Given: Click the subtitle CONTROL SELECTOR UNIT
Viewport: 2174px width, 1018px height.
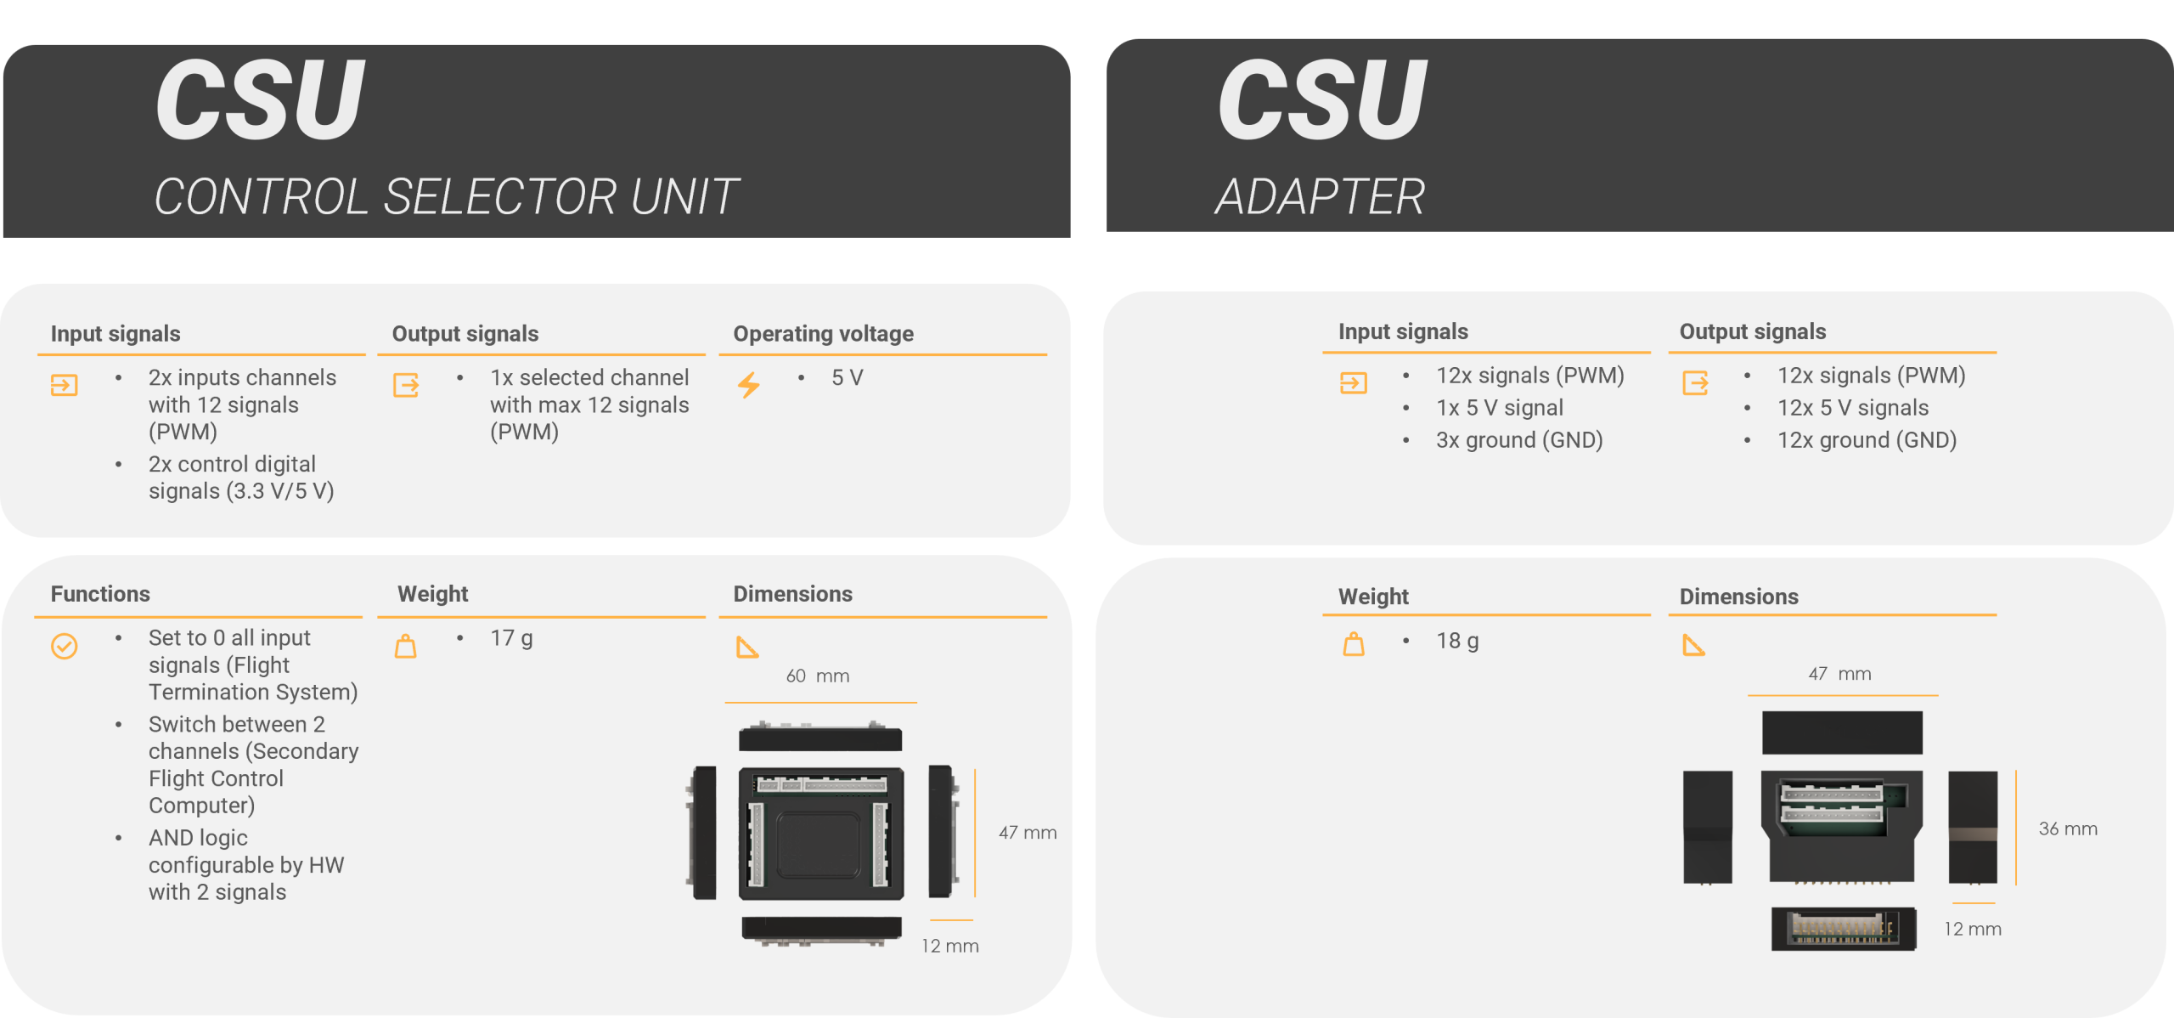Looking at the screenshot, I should (446, 197).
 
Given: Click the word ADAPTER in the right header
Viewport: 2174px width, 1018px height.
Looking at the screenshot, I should (1320, 197).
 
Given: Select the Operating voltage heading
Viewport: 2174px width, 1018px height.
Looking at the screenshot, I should (823, 334).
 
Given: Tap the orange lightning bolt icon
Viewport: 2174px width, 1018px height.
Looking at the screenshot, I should (748, 385).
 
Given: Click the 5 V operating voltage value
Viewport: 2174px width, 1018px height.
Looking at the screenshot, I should (847, 378).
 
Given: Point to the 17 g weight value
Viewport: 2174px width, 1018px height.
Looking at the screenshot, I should (511, 638).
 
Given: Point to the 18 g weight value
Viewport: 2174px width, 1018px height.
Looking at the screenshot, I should (1457, 641).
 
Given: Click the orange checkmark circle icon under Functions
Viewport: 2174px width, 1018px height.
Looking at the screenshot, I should (65, 647).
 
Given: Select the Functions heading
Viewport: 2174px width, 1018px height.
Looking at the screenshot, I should (100, 594).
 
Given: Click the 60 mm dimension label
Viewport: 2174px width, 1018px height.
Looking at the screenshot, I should (817, 676).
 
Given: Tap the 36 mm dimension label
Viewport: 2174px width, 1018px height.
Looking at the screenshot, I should (2068, 829).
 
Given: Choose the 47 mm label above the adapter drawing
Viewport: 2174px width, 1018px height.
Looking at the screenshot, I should (1839, 674).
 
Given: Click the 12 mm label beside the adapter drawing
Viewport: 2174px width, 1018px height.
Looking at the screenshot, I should (1972, 930).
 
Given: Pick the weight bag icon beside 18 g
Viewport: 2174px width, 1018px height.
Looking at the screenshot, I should (1354, 645).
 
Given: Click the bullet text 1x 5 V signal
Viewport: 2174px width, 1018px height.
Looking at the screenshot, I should (1500, 408).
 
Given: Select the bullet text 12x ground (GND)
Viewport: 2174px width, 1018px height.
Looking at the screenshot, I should (1867, 440).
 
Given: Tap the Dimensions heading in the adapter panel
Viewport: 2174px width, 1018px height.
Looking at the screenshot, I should (1738, 597).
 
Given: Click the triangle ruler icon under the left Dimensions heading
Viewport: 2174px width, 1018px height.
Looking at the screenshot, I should (746, 648).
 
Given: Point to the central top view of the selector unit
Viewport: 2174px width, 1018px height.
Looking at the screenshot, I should (821, 834).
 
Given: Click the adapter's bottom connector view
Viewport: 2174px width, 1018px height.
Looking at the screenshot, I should (1843, 929).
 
